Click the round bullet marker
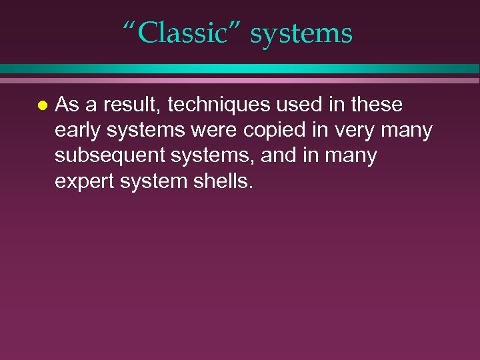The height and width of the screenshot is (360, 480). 42,106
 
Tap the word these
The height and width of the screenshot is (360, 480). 377,105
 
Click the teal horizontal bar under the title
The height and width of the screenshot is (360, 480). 240,69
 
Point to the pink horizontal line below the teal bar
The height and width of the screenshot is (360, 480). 240,81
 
